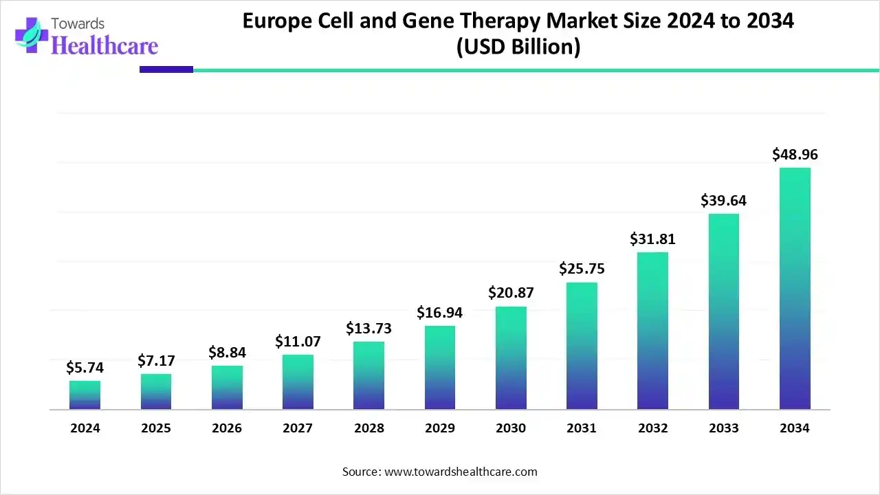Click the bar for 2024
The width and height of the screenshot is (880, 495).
click(85, 395)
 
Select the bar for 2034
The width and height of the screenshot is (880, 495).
click(795, 289)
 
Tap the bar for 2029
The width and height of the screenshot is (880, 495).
click(440, 368)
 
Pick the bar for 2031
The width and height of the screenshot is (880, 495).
click(582, 346)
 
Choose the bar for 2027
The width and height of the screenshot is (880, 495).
click(298, 382)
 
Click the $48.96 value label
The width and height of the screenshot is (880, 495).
click(795, 155)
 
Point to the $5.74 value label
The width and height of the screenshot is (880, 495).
click(85, 368)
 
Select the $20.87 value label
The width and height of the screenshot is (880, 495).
click(511, 292)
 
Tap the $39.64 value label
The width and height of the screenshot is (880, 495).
click(723, 201)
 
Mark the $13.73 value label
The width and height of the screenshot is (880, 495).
click(368, 328)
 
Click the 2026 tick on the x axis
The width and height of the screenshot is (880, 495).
click(227, 428)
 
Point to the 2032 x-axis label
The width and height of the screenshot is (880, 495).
click(652, 428)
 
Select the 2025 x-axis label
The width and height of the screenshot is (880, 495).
click(156, 428)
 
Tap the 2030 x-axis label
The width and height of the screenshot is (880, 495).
click(511, 428)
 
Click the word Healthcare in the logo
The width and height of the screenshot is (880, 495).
click(104, 45)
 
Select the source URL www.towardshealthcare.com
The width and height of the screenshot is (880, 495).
click(460, 472)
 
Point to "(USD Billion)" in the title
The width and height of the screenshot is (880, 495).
click(518, 47)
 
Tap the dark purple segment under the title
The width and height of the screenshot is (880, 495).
click(166, 69)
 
